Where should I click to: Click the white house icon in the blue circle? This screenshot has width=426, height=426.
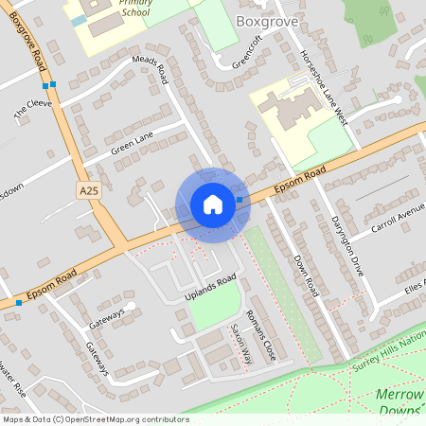point(212,204)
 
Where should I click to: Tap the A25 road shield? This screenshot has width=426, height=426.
point(89,190)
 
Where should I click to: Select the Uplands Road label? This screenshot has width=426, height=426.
point(210,283)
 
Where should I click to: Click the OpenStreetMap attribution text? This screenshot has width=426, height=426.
point(96,418)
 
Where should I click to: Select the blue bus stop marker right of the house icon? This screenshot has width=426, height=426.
point(239,199)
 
